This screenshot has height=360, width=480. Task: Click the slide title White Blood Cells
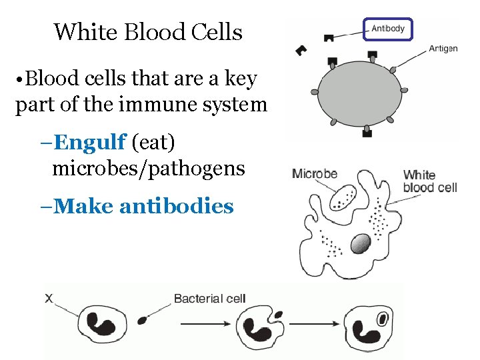coord(148,31)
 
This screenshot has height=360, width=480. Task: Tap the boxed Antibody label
coord(388,29)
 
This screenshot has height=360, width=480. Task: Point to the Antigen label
coord(443,49)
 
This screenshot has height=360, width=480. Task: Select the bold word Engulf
coord(90,142)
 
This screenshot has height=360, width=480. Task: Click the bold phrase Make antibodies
coord(143,207)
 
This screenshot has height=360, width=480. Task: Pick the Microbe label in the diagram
coord(315,174)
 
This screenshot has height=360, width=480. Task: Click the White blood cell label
coord(430,181)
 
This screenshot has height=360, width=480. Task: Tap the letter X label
coord(49,299)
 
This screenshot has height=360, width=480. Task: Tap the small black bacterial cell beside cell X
coord(142,321)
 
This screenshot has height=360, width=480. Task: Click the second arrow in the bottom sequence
coord(318,325)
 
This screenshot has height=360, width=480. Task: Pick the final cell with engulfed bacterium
coord(371,327)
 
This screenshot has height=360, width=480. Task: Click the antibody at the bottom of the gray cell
coord(366,133)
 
